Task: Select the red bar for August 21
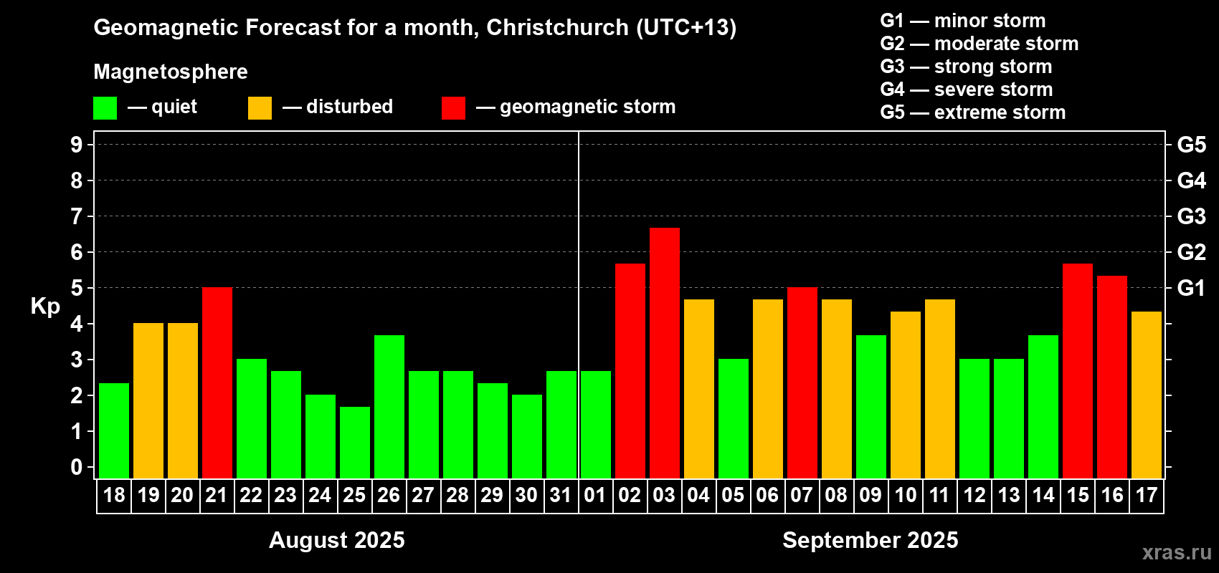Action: (x=217, y=382)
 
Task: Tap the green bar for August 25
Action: (x=354, y=442)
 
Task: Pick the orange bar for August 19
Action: (x=148, y=400)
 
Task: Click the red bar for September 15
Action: (x=1077, y=370)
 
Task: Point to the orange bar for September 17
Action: (x=1146, y=395)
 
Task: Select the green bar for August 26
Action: (x=389, y=406)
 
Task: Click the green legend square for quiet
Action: (x=105, y=108)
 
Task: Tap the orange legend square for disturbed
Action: (x=260, y=108)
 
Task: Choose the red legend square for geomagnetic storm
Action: (x=453, y=108)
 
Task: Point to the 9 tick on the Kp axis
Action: (x=77, y=145)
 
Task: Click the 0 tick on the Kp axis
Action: (x=77, y=467)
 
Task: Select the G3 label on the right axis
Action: (x=1191, y=216)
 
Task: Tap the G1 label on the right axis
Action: (x=1191, y=288)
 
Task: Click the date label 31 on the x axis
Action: (x=560, y=495)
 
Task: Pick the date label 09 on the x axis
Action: (x=870, y=495)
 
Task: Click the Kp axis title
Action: (x=45, y=306)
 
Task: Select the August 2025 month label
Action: (x=336, y=540)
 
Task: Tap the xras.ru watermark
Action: (x=1177, y=552)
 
